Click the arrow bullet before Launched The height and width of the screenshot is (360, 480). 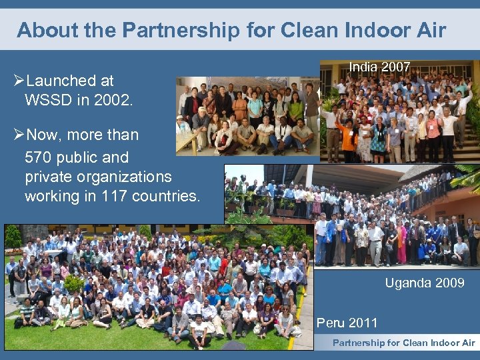pyautogui.click(x=19, y=81)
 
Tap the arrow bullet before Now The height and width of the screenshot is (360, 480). pyautogui.click(x=19, y=135)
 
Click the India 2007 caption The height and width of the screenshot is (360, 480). pyautogui.click(x=379, y=67)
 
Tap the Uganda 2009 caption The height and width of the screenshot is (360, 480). pyautogui.click(x=424, y=283)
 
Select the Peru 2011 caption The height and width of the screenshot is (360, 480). pyautogui.click(x=347, y=323)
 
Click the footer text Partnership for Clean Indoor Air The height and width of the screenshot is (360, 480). pyautogui.click(x=403, y=343)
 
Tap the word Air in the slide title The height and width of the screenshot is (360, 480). pyautogui.click(x=430, y=30)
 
